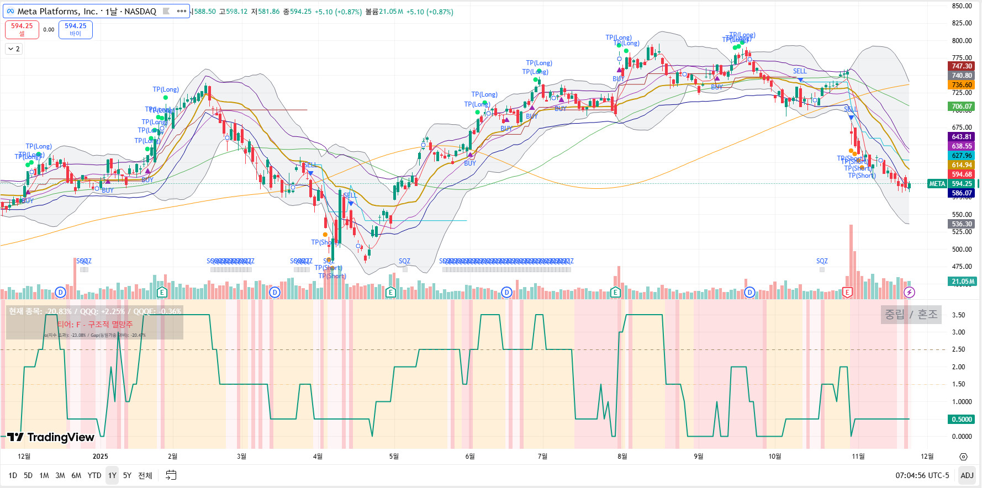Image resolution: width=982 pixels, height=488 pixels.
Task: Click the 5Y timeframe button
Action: click(127, 475)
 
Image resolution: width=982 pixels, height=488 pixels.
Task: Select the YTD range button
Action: click(94, 475)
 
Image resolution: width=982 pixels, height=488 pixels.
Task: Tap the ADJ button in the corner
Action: click(967, 475)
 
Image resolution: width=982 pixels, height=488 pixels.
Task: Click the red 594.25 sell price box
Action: click(22, 29)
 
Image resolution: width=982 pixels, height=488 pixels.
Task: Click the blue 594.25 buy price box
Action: click(76, 29)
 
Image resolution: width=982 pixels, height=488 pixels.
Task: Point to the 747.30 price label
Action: click(962, 66)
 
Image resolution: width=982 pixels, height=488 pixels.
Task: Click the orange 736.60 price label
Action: click(962, 85)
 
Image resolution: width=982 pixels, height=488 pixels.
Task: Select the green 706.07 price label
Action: click(962, 107)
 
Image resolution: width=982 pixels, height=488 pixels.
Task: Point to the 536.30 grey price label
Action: click(962, 224)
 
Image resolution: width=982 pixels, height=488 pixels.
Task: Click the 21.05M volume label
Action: click(963, 282)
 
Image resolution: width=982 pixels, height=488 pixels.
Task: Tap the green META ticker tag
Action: click(937, 184)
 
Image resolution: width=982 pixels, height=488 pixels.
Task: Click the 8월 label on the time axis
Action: click(622, 456)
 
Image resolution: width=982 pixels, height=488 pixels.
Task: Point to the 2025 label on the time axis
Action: click(101, 456)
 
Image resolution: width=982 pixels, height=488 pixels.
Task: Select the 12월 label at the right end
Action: click(927, 456)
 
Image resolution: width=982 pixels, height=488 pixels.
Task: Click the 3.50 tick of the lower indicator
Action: click(958, 315)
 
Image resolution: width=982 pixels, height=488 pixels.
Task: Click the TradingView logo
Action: click(51, 438)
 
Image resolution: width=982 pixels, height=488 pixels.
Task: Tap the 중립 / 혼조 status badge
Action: click(911, 315)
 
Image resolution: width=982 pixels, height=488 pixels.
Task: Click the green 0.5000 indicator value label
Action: click(962, 420)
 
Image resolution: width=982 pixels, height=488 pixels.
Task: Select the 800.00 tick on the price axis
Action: click(962, 41)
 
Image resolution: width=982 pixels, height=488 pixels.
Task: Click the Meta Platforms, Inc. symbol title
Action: click(86, 11)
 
